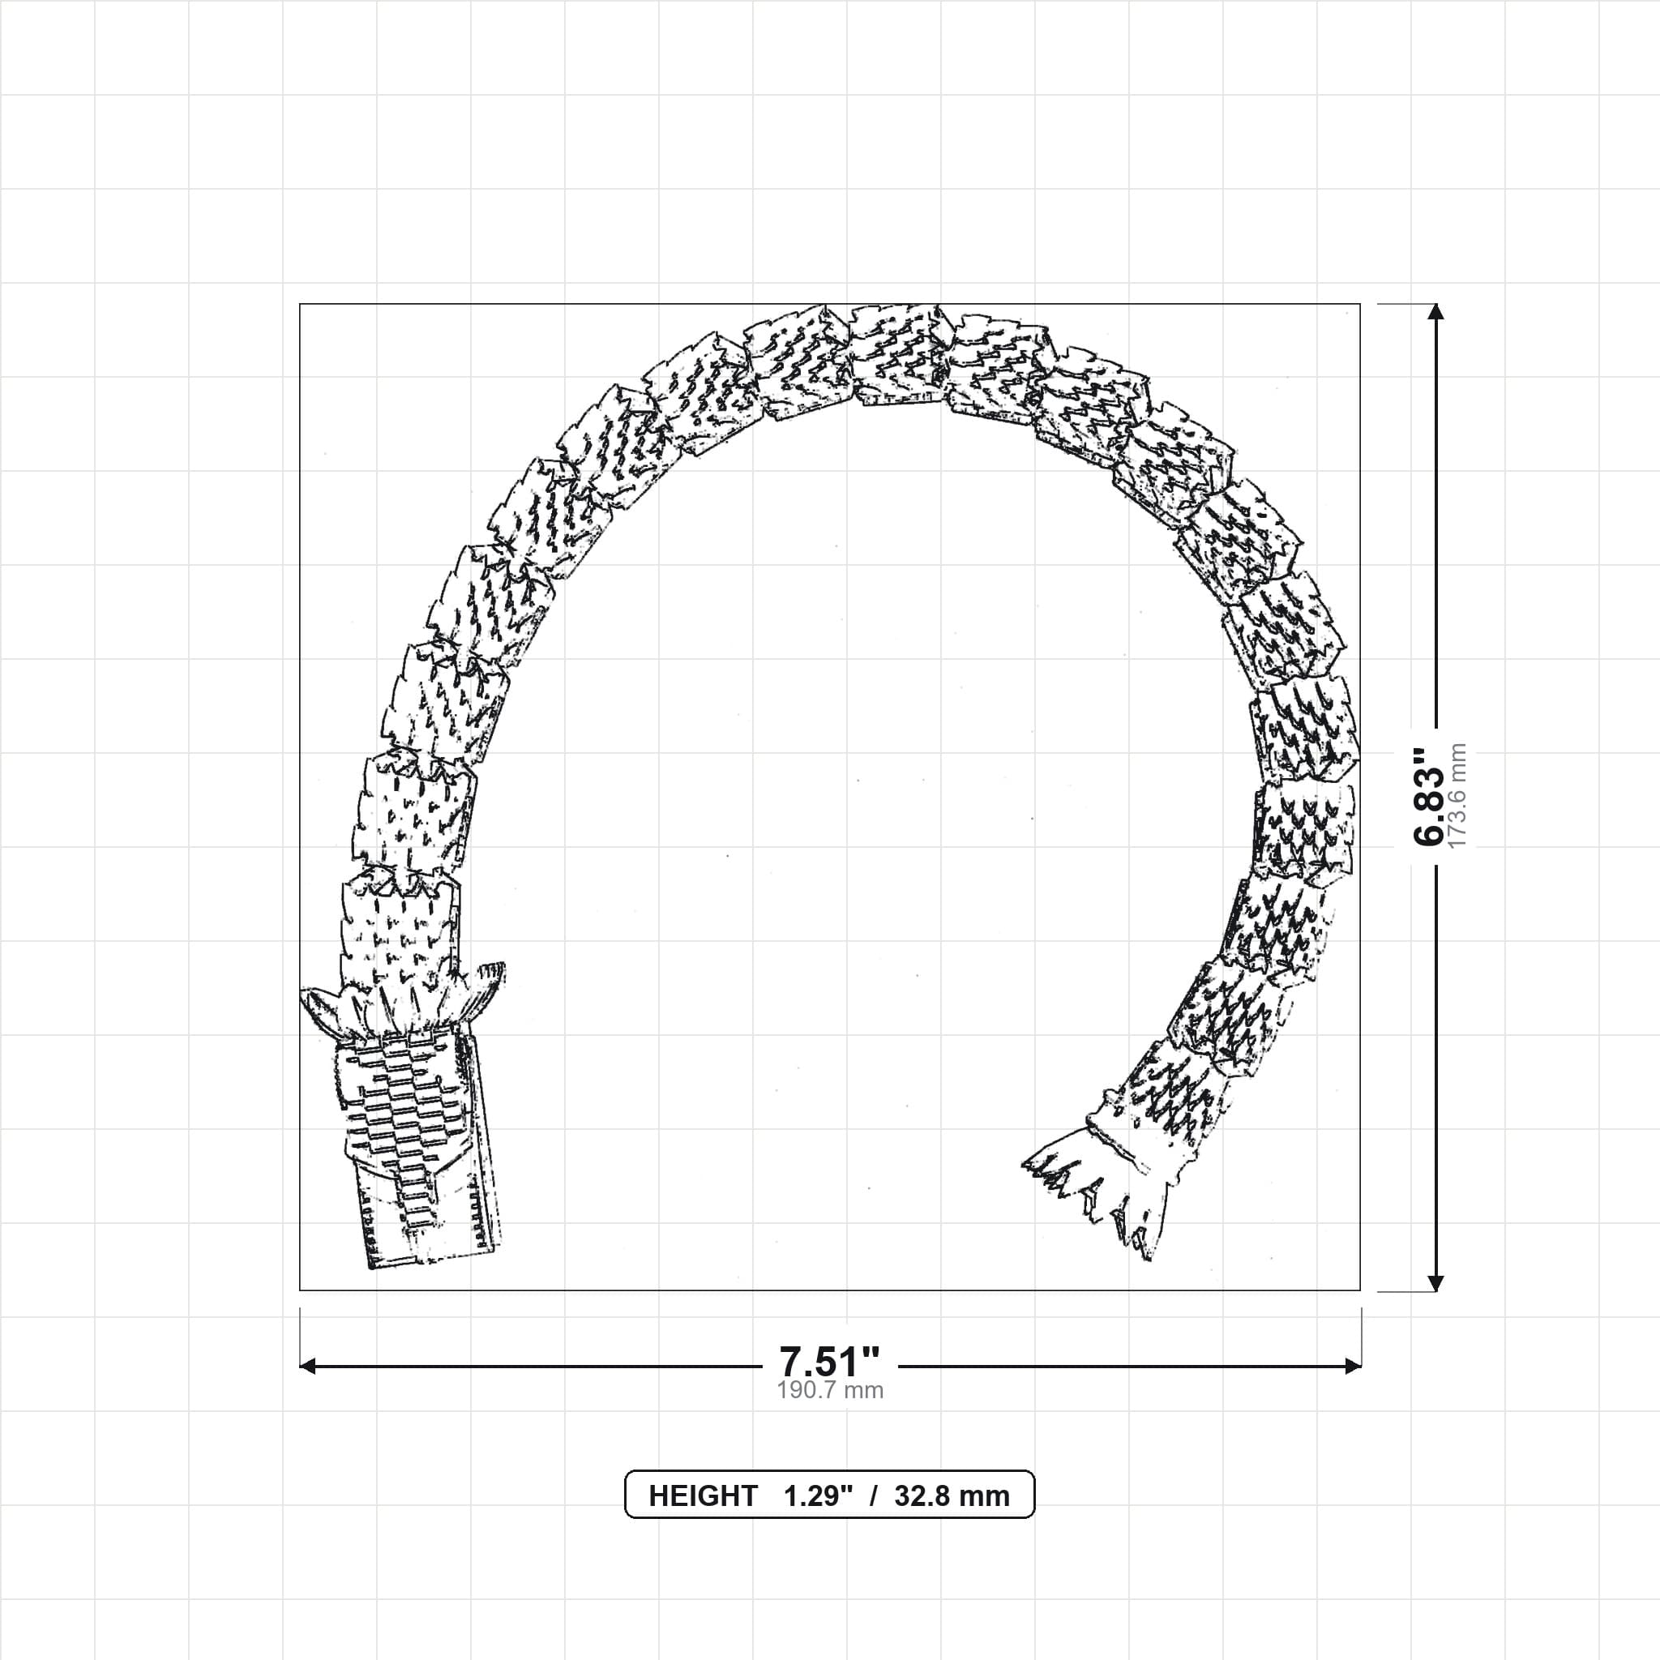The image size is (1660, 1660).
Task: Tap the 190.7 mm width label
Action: point(830,1390)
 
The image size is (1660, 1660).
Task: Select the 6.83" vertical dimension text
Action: point(1429,796)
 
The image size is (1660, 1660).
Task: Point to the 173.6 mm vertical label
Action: point(1457,796)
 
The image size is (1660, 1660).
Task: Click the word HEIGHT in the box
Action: point(703,1496)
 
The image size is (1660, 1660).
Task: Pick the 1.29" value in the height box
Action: point(818,1496)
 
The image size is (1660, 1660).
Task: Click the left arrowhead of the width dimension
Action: point(307,1366)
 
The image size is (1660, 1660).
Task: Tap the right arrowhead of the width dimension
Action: point(1353,1366)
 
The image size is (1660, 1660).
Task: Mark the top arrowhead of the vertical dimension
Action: point(1435,312)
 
